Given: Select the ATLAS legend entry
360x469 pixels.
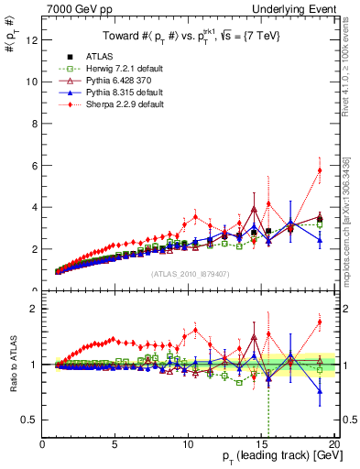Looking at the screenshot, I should click(97, 56).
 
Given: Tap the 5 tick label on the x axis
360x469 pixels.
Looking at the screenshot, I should click(115, 444).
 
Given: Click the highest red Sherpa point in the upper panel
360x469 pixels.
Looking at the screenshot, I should click(320, 169).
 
